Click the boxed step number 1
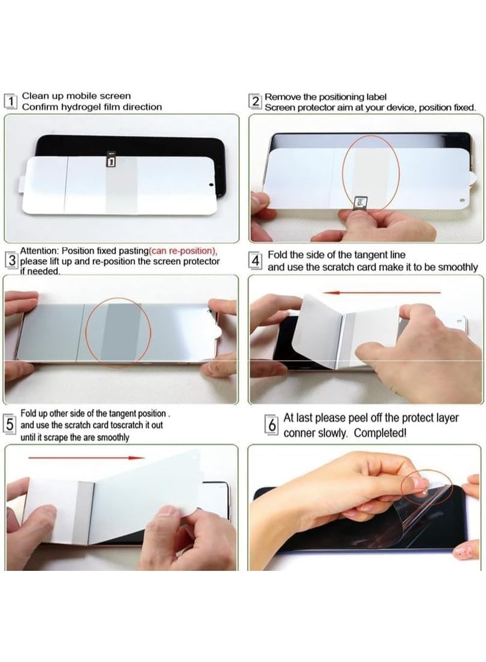point(10,101)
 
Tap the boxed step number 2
point(256,101)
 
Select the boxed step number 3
point(11,261)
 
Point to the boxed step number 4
point(256,261)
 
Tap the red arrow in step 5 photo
point(85,457)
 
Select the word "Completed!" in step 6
point(380,433)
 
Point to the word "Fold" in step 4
point(278,256)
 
